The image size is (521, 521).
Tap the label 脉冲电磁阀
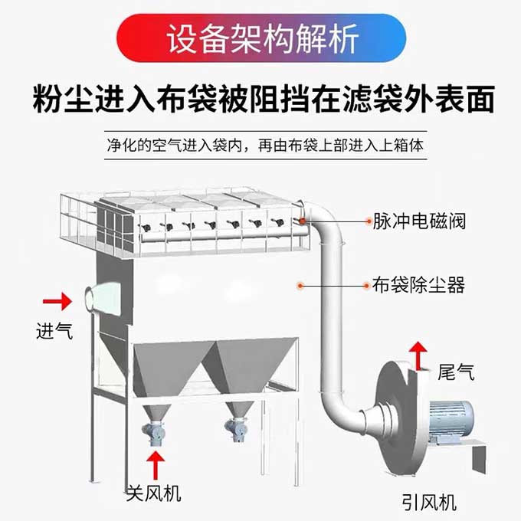[419, 221]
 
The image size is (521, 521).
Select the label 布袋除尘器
[419, 286]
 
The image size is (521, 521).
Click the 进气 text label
[54, 332]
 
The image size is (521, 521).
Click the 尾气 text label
[456, 372]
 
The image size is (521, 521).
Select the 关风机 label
[153, 493]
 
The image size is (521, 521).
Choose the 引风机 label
[428, 503]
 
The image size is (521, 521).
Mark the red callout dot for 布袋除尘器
[301, 286]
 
